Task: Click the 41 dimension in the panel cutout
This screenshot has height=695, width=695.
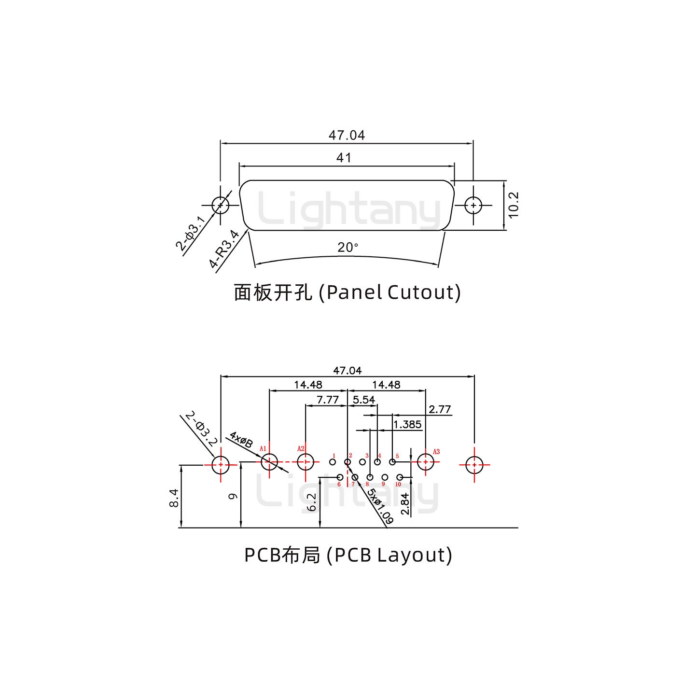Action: click(344, 158)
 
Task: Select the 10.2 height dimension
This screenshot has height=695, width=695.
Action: click(513, 205)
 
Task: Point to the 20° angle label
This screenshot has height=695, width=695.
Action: click(347, 248)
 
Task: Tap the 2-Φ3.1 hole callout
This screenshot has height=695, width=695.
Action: click(191, 234)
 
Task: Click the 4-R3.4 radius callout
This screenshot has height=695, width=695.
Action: click(224, 249)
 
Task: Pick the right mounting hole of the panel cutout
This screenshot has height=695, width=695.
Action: click(473, 205)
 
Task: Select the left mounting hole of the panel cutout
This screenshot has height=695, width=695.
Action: click(221, 205)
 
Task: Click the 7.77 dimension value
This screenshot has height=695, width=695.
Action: click(327, 400)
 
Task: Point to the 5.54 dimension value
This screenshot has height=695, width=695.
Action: click(363, 400)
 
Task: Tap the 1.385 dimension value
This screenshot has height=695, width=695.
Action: click(407, 424)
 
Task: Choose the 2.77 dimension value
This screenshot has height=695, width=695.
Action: click(440, 409)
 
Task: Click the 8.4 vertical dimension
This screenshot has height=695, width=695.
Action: click(174, 498)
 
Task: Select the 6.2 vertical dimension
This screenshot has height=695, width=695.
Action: click(312, 502)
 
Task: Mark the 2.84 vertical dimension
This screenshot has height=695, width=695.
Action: click(405, 505)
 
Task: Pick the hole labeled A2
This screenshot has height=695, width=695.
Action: click(306, 462)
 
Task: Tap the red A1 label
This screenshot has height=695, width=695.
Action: click(263, 449)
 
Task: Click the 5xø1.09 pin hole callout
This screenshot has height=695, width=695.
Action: click(380, 506)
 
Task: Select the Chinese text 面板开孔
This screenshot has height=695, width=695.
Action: click(273, 292)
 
